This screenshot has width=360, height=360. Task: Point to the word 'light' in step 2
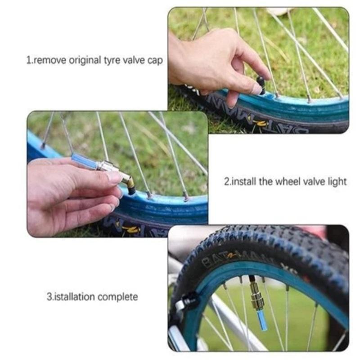[x=337, y=181]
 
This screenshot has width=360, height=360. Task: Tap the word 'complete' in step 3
[x=117, y=297]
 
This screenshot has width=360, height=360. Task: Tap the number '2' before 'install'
[x=226, y=181]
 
